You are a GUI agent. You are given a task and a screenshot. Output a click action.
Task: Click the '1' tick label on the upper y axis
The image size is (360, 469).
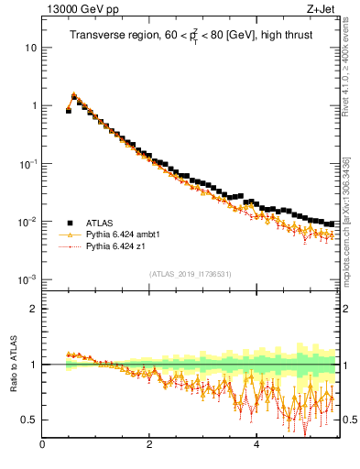pyautogui.click(x=33, y=105)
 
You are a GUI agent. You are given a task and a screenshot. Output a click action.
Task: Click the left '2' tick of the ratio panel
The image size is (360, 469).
pyautogui.click(x=33, y=309)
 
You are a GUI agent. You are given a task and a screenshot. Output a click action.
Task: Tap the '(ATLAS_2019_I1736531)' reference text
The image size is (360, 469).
pyautogui.click(x=188, y=274)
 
